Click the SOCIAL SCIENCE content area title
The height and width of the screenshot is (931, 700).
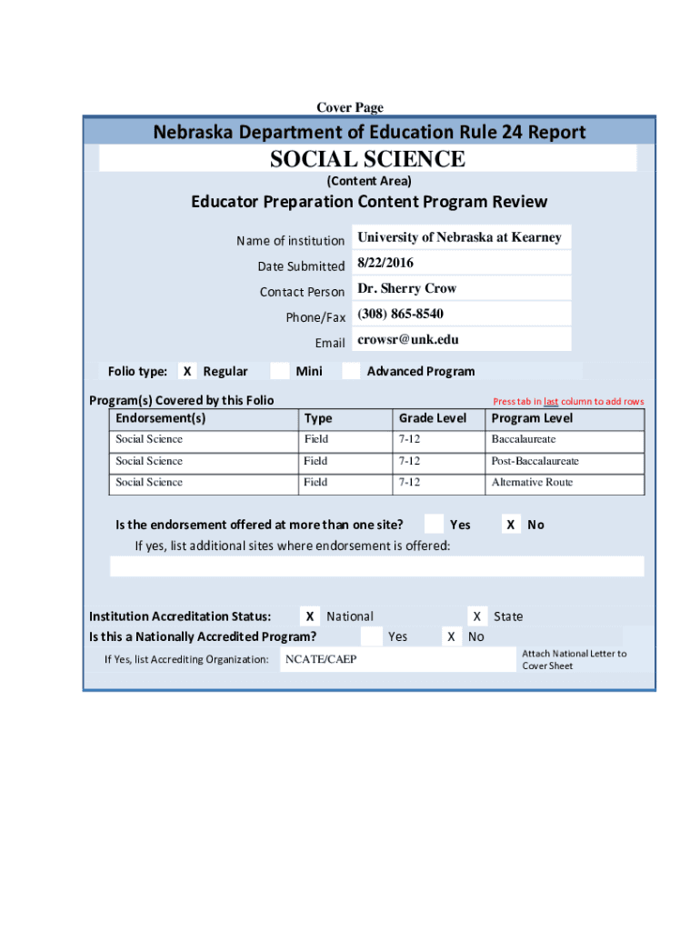367,159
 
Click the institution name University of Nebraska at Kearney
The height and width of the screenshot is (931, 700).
459,237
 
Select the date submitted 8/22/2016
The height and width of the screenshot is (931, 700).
385,263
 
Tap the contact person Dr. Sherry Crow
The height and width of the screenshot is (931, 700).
407,288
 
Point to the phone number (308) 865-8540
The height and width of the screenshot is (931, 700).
401,314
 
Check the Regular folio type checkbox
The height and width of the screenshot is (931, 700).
186,371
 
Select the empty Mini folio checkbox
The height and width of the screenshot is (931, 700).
280,371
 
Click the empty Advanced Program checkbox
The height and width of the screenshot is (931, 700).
351,371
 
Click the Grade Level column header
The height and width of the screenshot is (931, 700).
433,418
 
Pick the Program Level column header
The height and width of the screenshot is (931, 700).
532,418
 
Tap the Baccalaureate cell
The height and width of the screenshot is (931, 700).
524,439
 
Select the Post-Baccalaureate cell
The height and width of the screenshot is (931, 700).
535,461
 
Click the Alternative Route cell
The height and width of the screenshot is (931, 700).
532,482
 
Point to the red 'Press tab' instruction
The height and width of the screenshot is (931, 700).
568,401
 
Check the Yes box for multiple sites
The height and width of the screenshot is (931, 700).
434,524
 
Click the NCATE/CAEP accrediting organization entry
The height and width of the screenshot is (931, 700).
321,659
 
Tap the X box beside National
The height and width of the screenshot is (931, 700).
311,616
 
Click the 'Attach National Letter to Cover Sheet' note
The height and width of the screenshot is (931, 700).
574,659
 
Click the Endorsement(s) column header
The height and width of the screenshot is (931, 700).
161,418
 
